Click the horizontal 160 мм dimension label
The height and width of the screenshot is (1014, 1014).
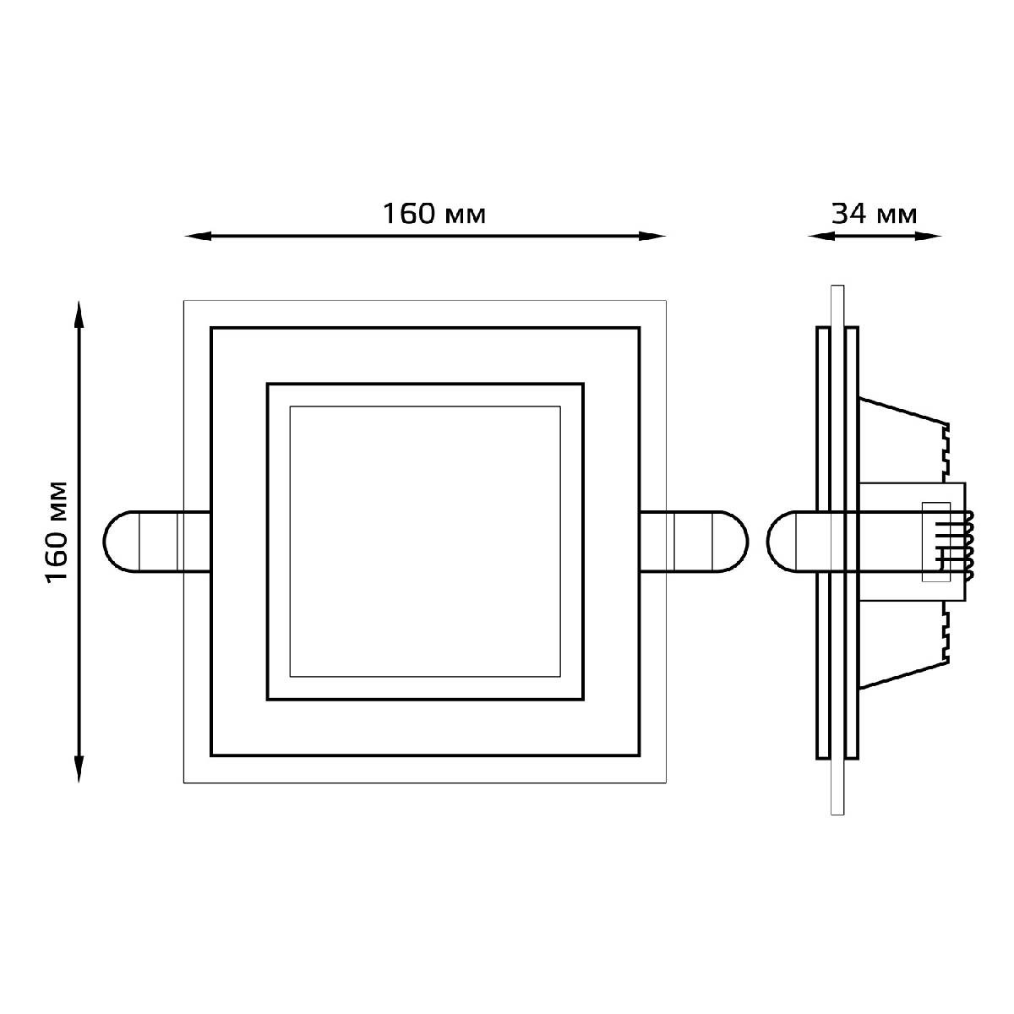pos(433,214)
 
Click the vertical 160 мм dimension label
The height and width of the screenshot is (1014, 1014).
pos(57,532)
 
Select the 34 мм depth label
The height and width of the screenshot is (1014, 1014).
pos(874,214)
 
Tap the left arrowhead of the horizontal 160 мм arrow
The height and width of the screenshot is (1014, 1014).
pos(199,237)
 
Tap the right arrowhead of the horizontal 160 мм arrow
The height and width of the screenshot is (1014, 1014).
pos(652,237)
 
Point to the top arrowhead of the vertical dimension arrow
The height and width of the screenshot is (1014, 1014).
pos(79,314)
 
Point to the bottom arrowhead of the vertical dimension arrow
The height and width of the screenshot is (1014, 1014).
pos(79,769)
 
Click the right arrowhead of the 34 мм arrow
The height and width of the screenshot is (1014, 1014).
pos(928,237)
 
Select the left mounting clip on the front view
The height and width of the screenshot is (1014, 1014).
pos(157,541)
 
